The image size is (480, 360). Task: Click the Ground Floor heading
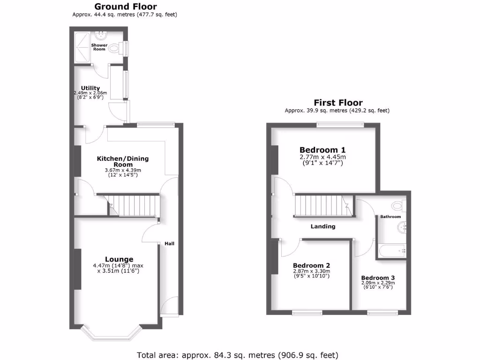pos(126,7)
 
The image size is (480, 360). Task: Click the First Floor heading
pos(337,103)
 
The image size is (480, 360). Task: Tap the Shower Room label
pos(99,47)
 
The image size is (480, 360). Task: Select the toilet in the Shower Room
pos(113,47)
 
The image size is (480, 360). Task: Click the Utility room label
pos(90,88)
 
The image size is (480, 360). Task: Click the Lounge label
pos(119,259)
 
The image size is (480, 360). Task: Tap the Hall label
pos(169,244)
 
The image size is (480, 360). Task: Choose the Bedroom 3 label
pos(378,277)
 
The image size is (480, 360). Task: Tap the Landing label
pos(323,226)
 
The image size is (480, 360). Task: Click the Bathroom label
pos(390,217)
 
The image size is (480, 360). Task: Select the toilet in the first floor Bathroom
pos(399,205)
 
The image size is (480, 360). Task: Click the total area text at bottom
pos(237,354)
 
